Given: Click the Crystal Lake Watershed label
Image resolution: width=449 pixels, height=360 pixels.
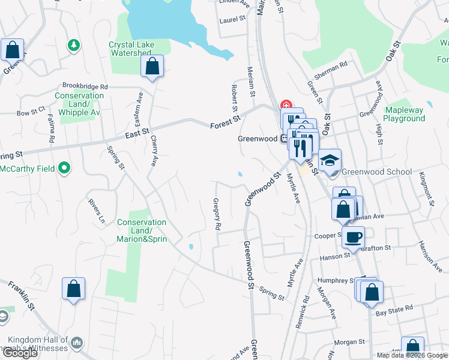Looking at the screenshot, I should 131,49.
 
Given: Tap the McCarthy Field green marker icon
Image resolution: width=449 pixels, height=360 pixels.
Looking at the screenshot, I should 66,169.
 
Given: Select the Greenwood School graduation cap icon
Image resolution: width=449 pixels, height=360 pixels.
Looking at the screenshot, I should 330,160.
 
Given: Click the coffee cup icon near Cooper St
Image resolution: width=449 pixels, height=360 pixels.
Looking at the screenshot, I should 353,236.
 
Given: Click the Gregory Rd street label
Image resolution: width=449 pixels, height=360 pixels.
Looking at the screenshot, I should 217,215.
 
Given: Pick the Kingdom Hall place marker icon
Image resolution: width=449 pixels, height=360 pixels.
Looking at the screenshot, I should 76,343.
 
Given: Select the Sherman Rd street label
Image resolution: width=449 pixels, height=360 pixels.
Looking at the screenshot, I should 334,67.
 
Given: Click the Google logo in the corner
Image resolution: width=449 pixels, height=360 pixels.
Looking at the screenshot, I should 20,353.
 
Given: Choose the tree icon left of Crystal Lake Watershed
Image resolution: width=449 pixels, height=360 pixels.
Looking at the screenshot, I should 73,44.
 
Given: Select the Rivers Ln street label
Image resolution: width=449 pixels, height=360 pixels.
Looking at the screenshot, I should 97,211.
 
